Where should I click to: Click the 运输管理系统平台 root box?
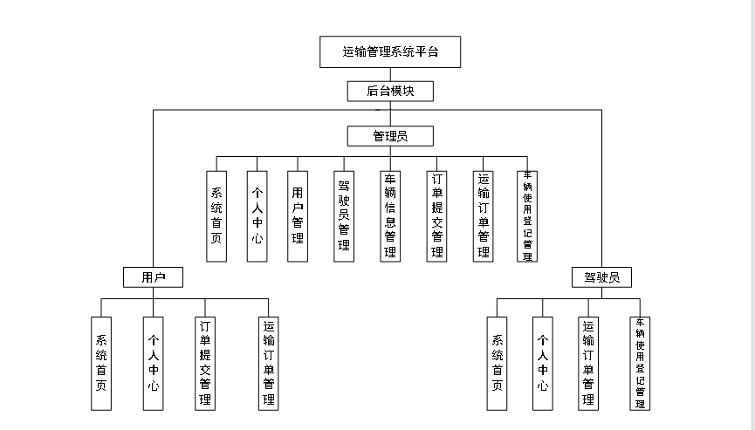tap(389, 52)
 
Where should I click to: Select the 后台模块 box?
tap(389, 91)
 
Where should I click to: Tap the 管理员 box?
tap(389, 136)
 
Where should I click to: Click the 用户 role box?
tap(153, 277)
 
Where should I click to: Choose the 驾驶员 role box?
tap(601, 277)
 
